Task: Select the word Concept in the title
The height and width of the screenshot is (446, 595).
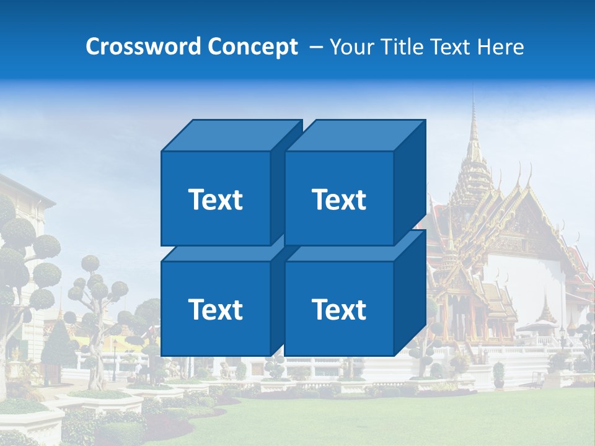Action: tap(252, 47)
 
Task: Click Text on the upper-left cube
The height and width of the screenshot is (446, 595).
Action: tap(215, 199)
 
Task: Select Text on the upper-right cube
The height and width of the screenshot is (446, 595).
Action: tap(338, 199)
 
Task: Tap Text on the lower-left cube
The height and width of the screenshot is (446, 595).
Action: tap(215, 309)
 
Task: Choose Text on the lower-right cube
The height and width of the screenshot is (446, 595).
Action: tap(338, 309)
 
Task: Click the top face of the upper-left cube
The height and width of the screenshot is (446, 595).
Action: tap(231, 135)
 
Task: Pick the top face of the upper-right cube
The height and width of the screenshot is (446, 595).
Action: tap(355, 135)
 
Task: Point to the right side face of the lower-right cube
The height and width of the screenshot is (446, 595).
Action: tap(410, 294)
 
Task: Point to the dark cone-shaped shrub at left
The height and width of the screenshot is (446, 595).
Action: tap(59, 341)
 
